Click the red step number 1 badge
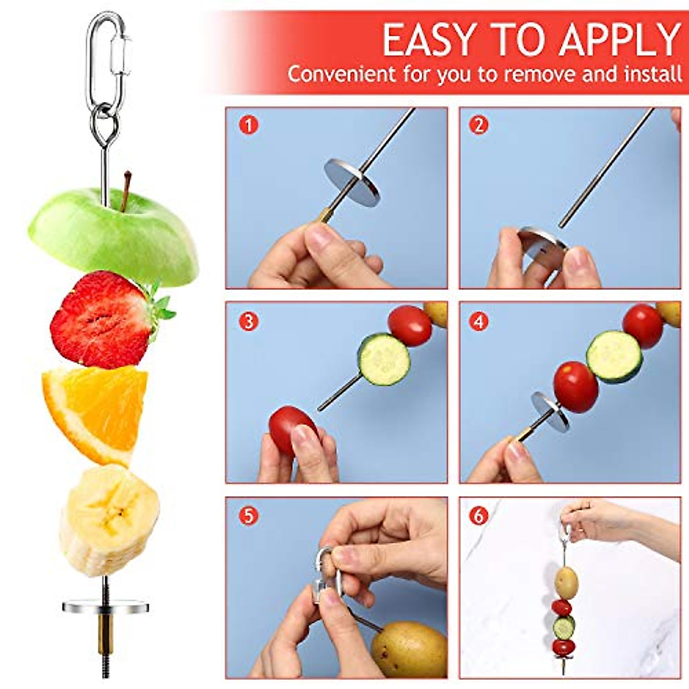tap(249, 125)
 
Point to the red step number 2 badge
tap(479, 125)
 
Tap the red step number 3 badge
tap(249, 321)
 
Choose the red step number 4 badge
tap(479, 321)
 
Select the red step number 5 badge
tap(249, 515)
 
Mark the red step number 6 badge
tap(479, 515)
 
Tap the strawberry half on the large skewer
tap(103, 322)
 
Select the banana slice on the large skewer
tap(109, 517)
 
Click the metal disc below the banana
tap(106, 605)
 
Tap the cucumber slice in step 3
tap(384, 359)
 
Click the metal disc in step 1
tap(352, 183)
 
